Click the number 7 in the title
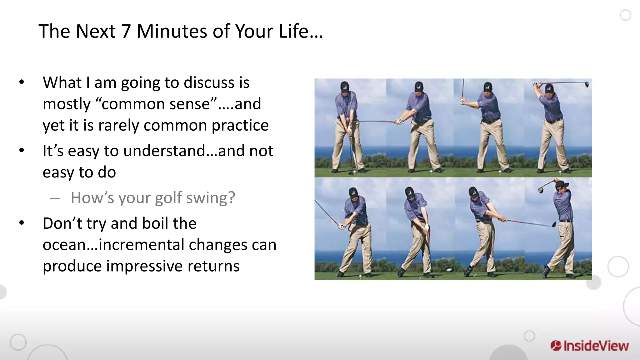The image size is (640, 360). click(x=126, y=32)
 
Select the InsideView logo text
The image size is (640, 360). click(x=596, y=346)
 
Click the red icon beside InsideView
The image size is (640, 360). click(x=556, y=346)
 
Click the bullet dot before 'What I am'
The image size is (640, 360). click(x=22, y=82)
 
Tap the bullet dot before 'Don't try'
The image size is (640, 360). click(x=22, y=223)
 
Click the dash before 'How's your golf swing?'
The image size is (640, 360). click(x=55, y=198)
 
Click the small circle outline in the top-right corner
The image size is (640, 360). click(x=625, y=15)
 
